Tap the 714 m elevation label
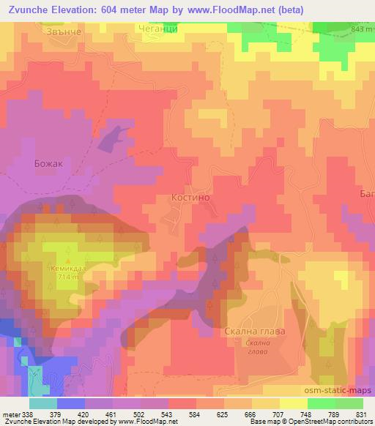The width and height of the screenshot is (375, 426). pos(69,277)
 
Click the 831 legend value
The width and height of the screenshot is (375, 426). pos(362,412)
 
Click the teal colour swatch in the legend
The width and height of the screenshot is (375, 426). pos(43,403)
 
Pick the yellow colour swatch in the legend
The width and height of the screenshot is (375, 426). pos(292,403)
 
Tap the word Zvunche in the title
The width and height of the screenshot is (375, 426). pos(27,10)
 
